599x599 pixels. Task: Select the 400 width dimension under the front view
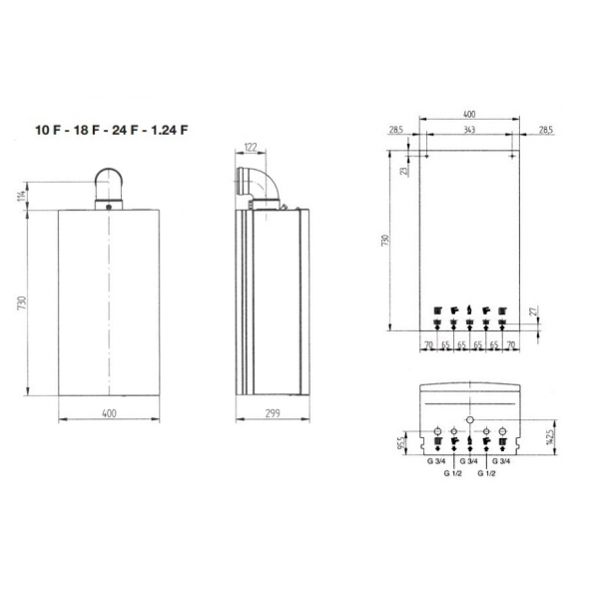109,412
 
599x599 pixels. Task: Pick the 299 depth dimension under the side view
272,412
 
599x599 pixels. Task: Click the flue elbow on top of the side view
263,187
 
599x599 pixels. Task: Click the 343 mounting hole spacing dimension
469,131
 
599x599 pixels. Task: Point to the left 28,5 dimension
396,131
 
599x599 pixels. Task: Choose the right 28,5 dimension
545,131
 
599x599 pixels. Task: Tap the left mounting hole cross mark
421,155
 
